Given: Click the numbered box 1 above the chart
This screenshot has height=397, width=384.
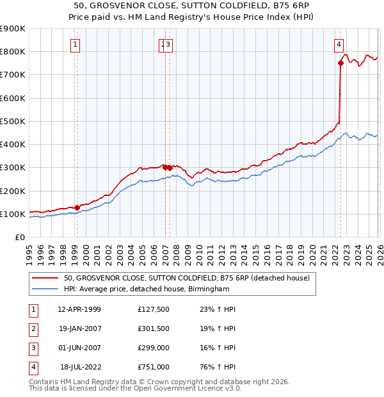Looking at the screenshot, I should point(76,44).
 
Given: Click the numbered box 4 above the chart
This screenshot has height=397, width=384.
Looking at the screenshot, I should point(338,44).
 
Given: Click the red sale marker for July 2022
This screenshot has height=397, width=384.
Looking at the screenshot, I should point(340,63).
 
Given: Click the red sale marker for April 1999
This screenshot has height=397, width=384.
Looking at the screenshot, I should point(77,207).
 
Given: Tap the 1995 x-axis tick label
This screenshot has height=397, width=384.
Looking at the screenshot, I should point(29,252).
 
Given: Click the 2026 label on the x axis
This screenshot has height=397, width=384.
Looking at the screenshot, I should point(378,252).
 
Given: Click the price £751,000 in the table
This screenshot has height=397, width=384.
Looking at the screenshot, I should point(154,367).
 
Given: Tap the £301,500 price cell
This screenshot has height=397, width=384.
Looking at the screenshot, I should point(154,328).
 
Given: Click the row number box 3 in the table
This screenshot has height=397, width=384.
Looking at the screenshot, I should point(31,348).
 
